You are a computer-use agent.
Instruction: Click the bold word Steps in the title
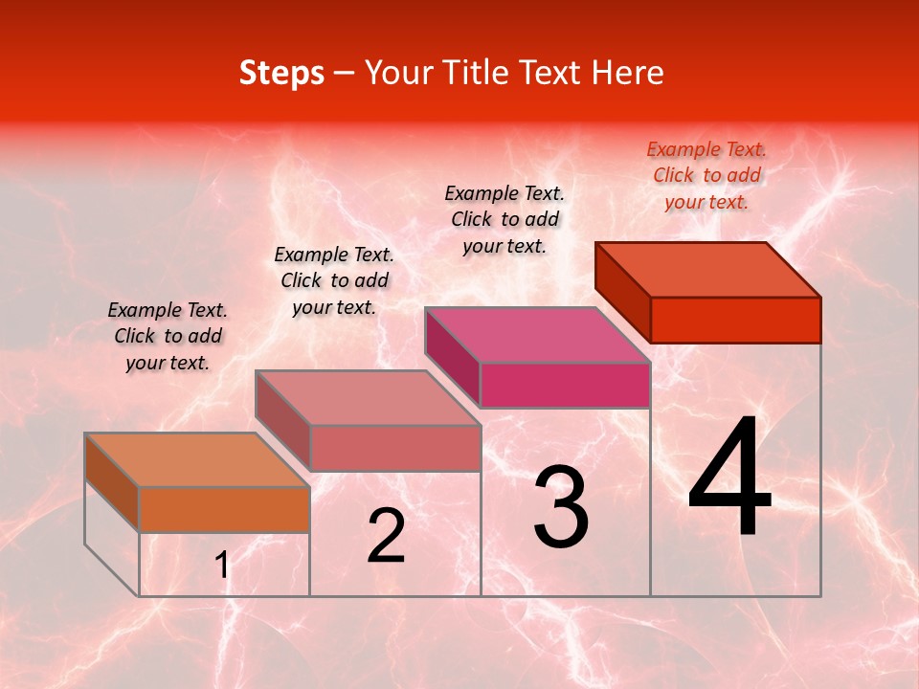pyautogui.click(x=281, y=73)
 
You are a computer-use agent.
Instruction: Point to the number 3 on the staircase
pyautogui.click(x=561, y=507)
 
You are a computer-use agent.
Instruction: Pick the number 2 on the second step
pyautogui.click(x=386, y=536)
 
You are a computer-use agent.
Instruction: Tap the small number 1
pyautogui.click(x=222, y=566)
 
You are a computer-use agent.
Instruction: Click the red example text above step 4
pyautogui.click(x=706, y=175)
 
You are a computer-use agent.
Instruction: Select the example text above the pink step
pyautogui.click(x=504, y=219)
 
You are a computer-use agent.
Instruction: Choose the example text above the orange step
pyautogui.click(x=168, y=336)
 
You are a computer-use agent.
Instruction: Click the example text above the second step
pyautogui.click(x=334, y=280)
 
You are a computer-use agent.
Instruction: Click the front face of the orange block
pyautogui.click(x=224, y=509)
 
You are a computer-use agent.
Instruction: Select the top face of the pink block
pyautogui.click(x=537, y=335)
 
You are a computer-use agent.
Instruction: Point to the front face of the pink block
pyautogui.click(x=565, y=385)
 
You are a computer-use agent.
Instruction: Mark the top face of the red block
pyautogui.click(x=707, y=270)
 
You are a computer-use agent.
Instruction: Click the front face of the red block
pyautogui.click(x=735, y=320)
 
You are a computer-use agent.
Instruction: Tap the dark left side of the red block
pyautogui.click(x=622, y=291)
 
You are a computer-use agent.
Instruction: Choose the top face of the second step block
pyautogui.click(x=367, y=398)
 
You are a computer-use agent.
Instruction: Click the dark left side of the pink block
pyautogui.click(x=452, y=356)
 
